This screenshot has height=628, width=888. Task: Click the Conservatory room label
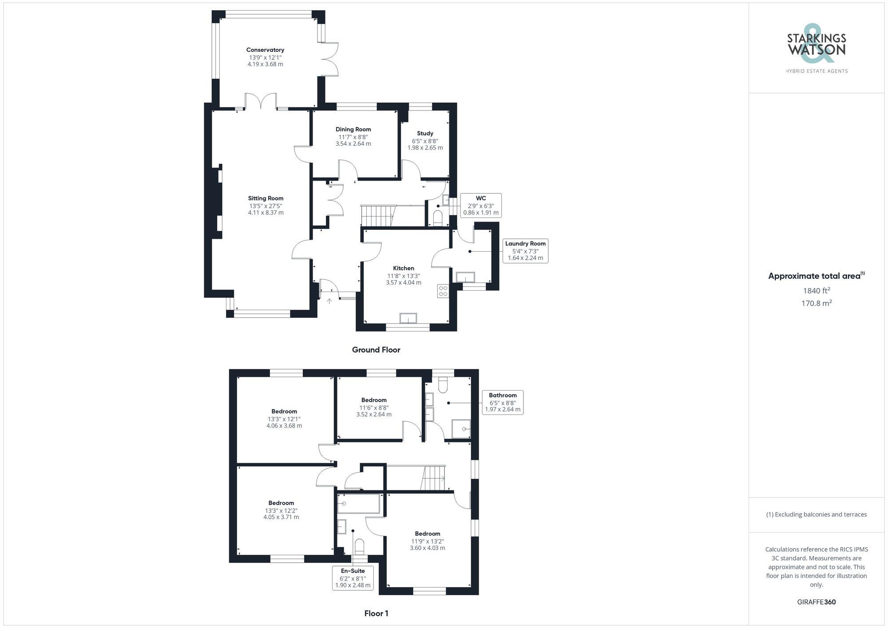click(x=265, y=50)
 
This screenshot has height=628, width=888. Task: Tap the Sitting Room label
click(x=266, y=198)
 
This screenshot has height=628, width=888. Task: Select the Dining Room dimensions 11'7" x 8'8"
click(x=353, y=137)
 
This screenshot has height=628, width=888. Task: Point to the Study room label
click(x=425, y=133)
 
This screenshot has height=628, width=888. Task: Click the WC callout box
click(x=481, y=205)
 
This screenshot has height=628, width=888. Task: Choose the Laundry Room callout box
click(x=525, y=251)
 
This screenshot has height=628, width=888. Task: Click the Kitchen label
click(x=404, y=268)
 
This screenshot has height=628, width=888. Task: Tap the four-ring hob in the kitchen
click(x=443, y=291)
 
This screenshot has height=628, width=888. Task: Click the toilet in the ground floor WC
click(x=438, y=218)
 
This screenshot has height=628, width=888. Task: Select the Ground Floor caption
click(x=376, y=350)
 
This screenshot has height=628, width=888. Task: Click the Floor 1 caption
click(x=376, y=613)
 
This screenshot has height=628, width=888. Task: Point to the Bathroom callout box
click(x=503, y=402)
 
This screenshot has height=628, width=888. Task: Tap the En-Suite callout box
click(x=353, y=578)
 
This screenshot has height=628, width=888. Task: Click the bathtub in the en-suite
click(x=359, y=504)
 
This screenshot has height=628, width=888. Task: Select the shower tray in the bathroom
click(x=461, y=429)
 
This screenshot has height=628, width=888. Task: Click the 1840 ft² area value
click(x=816, y=291)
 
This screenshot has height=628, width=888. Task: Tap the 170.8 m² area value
click(x=816, y=303)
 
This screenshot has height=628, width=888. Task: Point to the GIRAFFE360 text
click(x=816, y=602)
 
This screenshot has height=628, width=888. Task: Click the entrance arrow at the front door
click(x=329, y=301)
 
